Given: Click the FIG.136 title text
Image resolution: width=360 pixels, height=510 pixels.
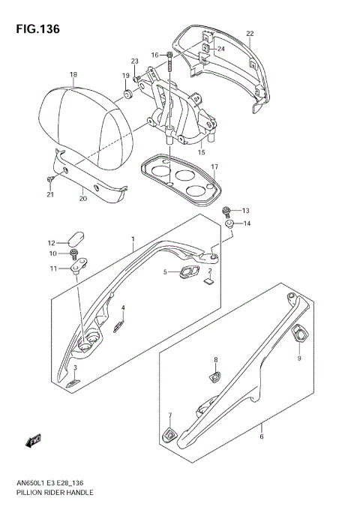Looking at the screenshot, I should click(31, 28).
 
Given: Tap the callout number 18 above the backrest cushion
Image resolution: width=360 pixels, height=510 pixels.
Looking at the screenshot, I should click(73, 74).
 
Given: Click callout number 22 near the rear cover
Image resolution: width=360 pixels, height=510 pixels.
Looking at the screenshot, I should click(250, 34).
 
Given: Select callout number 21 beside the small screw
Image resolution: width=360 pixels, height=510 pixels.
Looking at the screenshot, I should click(49, 195).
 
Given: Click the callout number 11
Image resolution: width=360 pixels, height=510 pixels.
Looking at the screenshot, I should click(53, 268).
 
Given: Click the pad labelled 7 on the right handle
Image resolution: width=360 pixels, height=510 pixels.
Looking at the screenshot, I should click(170, 433).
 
